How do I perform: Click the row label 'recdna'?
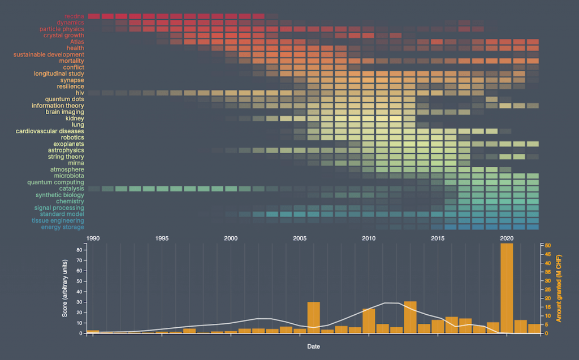click(x=74, y=16)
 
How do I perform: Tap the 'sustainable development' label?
click(x=49, y=54)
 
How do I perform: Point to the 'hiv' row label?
click(x=80, y=93)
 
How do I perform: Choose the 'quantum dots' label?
click(x=64, y=99)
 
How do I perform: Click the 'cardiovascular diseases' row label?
click(x=50, y=131)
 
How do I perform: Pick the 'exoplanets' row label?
click(x=69, y=144)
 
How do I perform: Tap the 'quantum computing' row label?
click(x=55, y=183)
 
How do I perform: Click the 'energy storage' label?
click(x=62, y=227)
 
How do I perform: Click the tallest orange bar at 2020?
click(x=507, y=288)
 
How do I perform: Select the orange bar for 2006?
click(x=314, y=317)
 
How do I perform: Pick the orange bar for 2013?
click(x=410, y=317)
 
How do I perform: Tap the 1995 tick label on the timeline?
click(x=162, y=238)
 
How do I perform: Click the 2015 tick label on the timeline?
click(x=438, y=238)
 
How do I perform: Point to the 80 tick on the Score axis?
click(x=80, y=250)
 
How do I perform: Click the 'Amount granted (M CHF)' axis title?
click(x=559, y=288)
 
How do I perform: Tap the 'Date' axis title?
click(x=313, y=346)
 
